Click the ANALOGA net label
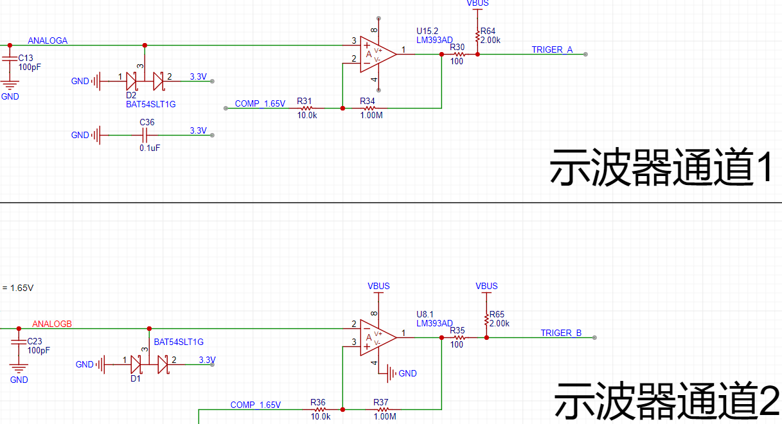[x=48, y=40]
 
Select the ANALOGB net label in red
[x=52, y=324]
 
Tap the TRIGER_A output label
[x=552, y=50]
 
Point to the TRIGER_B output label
[x=561, y=333]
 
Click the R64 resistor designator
[x=488, y=31]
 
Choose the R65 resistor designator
[x=497, y=314]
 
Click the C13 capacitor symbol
[x=10, y=58]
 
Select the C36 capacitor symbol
[x=145, y=135]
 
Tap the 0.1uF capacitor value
[x=150, y=148]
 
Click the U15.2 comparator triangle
[x=378, y=55]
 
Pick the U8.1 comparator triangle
[x=378, y=338]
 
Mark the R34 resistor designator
[x=368, y=102]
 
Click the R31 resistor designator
[x=304, y=102]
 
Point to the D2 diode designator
[x=131, y=95]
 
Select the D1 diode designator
[x=136, y=378]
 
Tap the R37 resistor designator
[x=380, y=402]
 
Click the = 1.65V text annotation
[x=18, y=288]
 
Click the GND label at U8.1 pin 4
[x=407, y=373]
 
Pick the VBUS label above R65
[x=486, y=286]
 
